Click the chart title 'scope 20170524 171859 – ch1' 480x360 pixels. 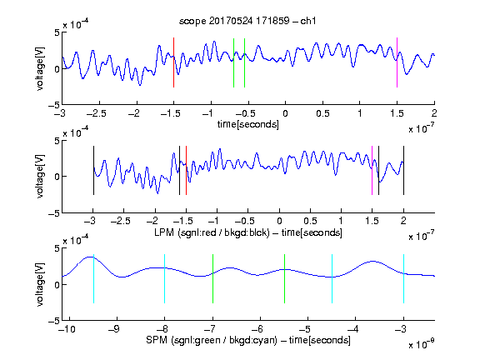[247, 21]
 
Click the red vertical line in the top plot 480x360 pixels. [173, 62]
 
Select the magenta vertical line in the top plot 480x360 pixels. [397, 62]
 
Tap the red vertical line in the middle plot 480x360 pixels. [186, 171]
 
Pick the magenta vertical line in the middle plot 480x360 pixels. [372, 171]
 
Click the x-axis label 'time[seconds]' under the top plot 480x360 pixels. [248, 124]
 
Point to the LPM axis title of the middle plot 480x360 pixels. [248, 232]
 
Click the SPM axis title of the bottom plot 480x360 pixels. [248, 340]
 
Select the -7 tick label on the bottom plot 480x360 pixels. [210, 329]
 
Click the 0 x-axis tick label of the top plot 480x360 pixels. [285, 113]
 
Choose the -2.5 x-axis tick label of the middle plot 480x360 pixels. [121, 221]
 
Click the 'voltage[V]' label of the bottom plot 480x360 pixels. [40, 284]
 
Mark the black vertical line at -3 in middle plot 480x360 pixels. [93, 171]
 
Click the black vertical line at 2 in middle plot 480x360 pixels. [403, 171]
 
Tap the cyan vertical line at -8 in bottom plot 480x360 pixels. [164, 278]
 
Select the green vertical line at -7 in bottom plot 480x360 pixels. [212, 278]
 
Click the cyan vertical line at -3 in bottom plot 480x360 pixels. [403, 278]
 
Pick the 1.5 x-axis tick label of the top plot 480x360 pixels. [397, 113]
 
